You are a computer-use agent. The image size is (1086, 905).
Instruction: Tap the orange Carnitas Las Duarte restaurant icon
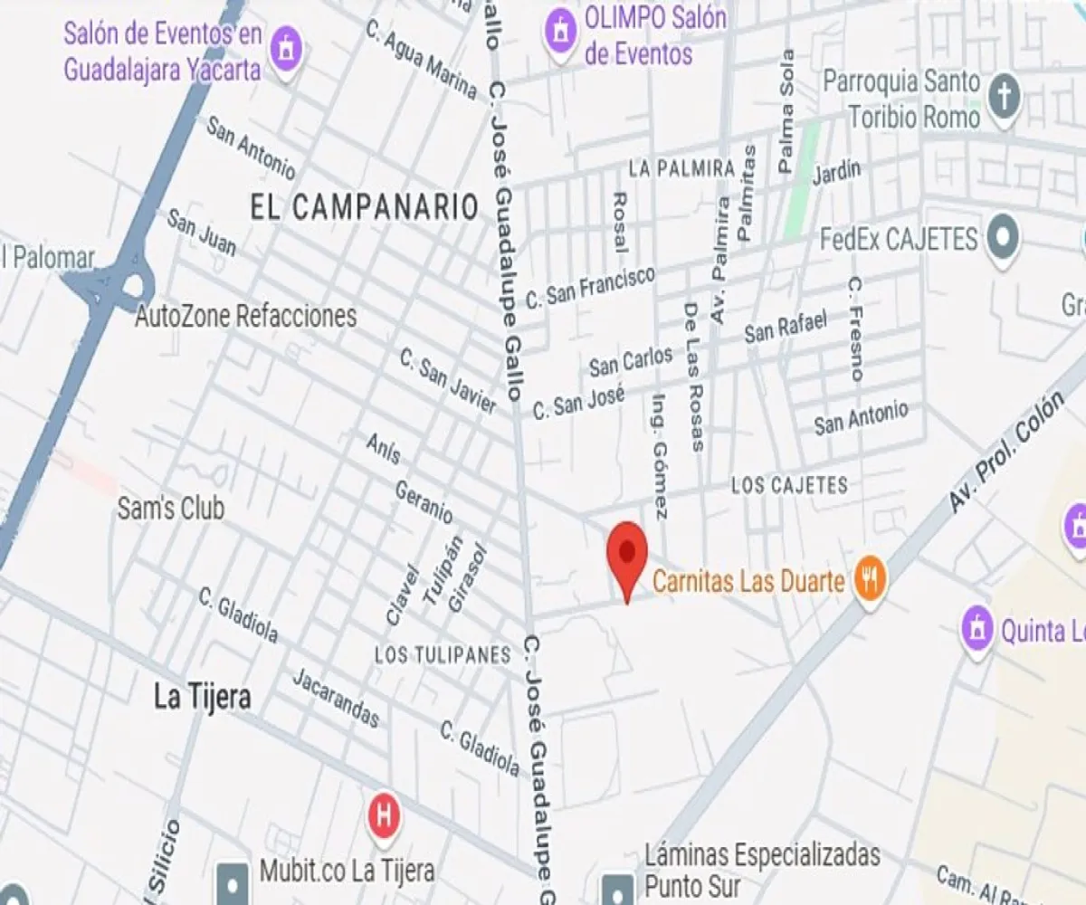pos(869,579)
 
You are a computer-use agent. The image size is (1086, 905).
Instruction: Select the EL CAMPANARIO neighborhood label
pos(364,207)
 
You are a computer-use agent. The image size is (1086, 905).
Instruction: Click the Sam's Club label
pos(170,509)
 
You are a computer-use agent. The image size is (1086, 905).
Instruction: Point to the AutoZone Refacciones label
pos(245,317)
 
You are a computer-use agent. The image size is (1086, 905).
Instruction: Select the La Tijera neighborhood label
pos(202,697)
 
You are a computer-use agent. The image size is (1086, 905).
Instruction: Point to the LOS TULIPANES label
pos(443,655)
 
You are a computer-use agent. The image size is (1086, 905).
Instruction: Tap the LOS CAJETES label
pos(789,486)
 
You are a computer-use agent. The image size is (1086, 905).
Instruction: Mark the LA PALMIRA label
pos(681,169)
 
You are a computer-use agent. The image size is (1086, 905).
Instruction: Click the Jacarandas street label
pos(336,698)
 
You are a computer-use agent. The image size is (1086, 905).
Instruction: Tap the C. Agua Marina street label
pos(421,59)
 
